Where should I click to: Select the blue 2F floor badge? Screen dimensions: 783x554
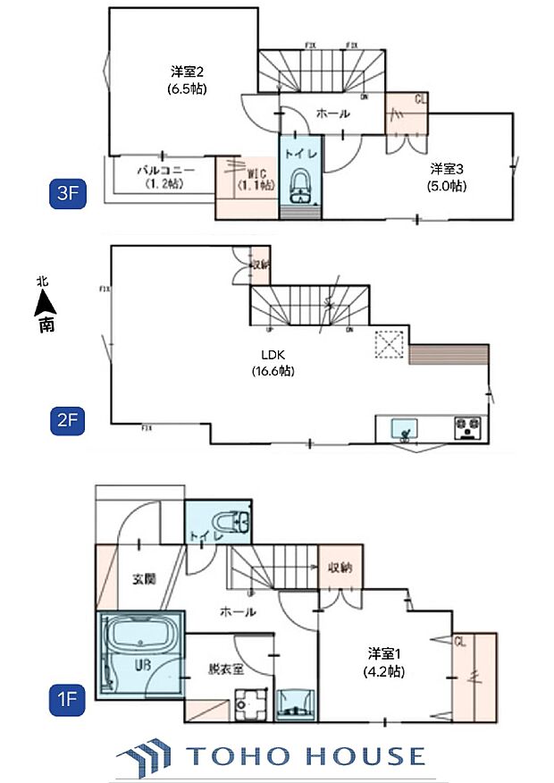(x=67, y=421)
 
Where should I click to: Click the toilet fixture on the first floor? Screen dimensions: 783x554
(x=229, y=521)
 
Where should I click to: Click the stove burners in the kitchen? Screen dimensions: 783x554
(x=468, y=427)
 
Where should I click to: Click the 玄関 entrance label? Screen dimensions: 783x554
(x=145, y=579)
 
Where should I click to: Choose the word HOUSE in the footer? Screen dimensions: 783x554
(x=366, y=757)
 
